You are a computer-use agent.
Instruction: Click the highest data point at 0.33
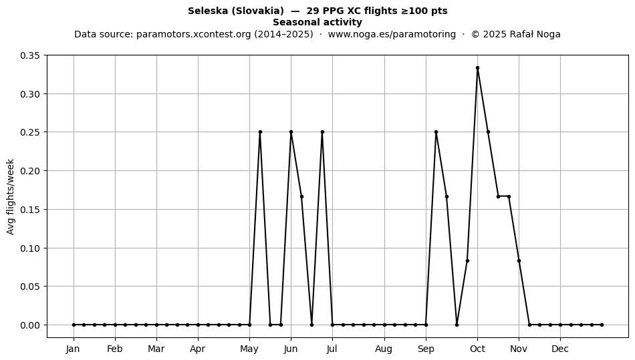click(477, 68)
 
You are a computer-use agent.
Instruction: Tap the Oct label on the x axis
click(477, 349)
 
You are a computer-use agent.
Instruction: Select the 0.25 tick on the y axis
click(31, 132)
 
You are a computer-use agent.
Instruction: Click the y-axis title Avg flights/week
click(11, 196)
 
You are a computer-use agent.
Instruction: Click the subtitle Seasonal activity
click(317, 22)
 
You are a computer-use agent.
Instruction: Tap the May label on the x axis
click(249, 349)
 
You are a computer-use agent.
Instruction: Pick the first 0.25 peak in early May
click(260, 132)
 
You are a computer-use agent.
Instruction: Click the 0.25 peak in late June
click(322, 132)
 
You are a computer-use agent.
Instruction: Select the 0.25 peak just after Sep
click(436, 132)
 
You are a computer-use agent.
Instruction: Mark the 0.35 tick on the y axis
click(31, 55)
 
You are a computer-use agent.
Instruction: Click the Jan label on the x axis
click(74, 349)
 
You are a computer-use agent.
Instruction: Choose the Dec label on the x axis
click(561, 349)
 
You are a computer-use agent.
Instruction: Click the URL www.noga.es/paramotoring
click(392, 34)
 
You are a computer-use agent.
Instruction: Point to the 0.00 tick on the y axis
click(31, 325)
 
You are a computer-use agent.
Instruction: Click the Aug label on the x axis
click(384, 349)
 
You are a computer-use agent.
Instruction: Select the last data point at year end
click(602, 325)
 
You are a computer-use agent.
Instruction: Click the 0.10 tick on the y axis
click(31, 248)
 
